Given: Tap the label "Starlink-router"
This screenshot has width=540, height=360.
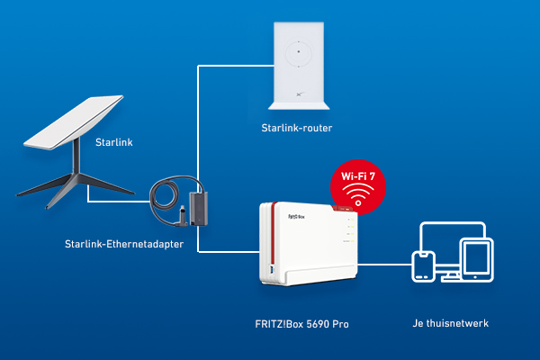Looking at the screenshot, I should click(296, 129).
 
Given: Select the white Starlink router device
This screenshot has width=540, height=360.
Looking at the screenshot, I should click(296, 63).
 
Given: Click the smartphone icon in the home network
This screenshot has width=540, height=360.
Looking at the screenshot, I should click(422, 266).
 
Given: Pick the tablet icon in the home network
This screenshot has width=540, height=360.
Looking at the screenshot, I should click(473, 260).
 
